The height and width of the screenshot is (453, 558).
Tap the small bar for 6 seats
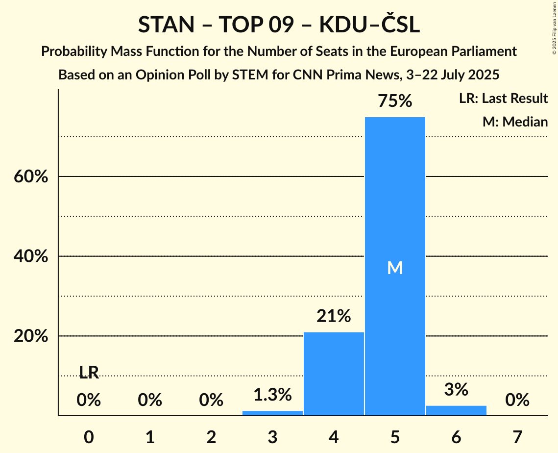point(456,410)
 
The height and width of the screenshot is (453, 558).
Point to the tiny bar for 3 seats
point(272,413)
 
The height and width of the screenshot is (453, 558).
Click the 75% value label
point(395,101)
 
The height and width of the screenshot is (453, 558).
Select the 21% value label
point(334,316)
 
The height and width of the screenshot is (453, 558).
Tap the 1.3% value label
point(272,394)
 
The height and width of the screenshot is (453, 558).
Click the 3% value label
point(456,389)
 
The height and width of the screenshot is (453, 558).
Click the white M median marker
point(395,268)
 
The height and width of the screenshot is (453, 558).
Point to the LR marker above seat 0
point(89,373)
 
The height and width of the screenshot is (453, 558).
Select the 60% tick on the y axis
point(31,176)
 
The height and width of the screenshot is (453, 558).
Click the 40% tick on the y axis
point(31,256)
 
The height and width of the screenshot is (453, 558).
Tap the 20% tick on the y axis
point(31,336)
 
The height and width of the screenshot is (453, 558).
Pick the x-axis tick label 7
point(517,437)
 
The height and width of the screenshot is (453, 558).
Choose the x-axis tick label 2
point(211,437)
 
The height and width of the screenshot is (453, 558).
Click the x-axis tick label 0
point(89,437)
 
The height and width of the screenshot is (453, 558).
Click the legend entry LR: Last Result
point(503,99)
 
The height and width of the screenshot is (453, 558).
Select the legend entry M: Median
point(515,122)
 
